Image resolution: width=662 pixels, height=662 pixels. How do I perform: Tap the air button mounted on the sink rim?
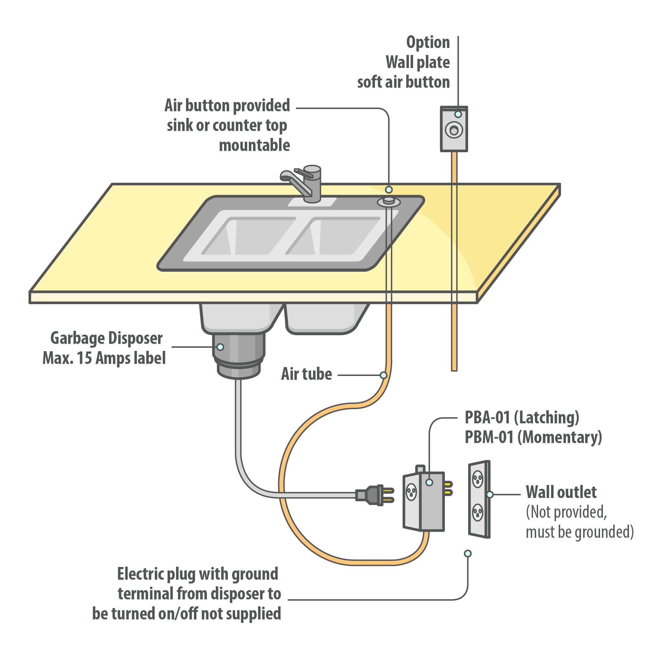pos(389,201)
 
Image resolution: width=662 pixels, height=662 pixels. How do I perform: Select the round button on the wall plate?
pos(454,130)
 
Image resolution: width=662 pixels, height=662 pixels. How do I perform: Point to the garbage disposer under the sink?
pos(239,356)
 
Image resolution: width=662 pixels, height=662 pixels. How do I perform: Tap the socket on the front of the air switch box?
pos(411,492)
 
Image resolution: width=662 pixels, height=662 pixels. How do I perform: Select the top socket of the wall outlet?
pos(478,479)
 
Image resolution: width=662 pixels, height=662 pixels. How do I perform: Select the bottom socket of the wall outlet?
pos(478,513)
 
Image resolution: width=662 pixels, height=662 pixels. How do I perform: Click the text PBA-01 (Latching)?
pos(522,418)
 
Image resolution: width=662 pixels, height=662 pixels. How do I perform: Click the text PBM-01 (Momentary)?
pos(533,438)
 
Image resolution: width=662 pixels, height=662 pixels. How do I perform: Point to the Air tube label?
pos(306,374)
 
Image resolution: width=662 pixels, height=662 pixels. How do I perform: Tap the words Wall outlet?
pos(561,492)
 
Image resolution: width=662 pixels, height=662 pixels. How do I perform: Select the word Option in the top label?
pos(428,43)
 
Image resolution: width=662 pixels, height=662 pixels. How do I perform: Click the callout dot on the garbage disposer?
pos(221,347)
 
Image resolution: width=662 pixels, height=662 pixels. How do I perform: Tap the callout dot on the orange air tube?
pos(383,375)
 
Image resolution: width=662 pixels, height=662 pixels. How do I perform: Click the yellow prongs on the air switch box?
pos(448,488)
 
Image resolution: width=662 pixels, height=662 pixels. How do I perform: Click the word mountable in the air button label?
pos(254,145)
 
